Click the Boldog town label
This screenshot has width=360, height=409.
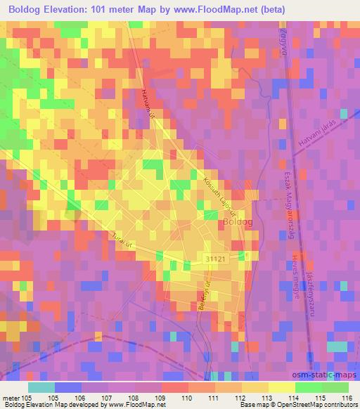(x=237, y=222)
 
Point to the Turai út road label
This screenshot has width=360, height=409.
(x=122, y=242)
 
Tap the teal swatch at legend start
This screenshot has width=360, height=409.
(x=41, y=387)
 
